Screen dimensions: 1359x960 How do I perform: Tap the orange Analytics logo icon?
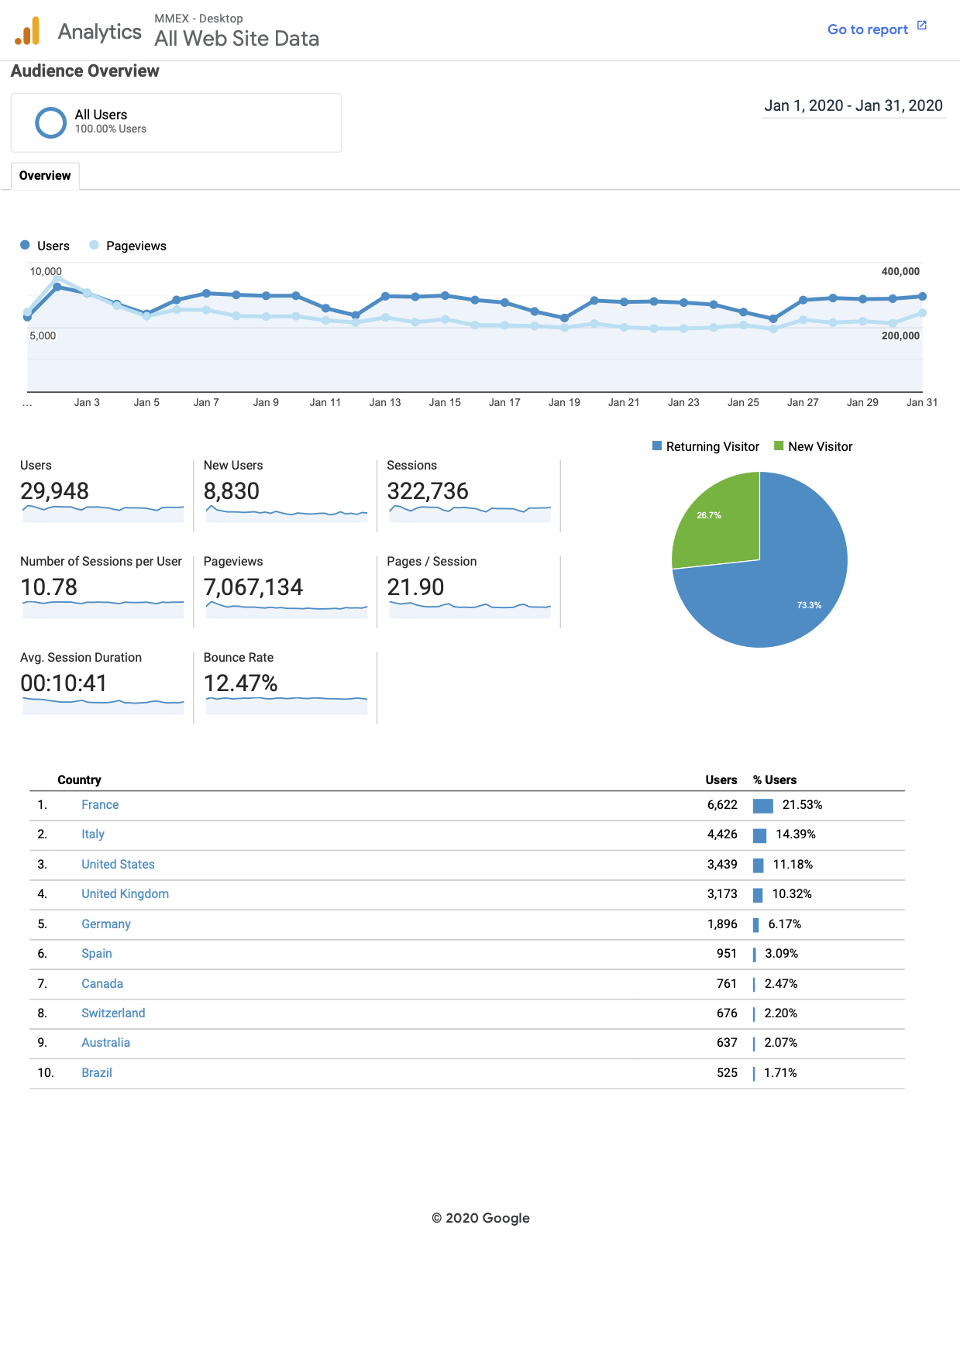(x=27, y=32)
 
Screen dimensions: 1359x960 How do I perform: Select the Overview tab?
(x=45, y=176)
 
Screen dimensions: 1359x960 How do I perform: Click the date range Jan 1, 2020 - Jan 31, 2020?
(x=853, y=106)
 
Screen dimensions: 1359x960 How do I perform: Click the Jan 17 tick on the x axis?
(x=504, y=403)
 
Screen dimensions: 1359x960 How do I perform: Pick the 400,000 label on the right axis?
(x=900, y=272)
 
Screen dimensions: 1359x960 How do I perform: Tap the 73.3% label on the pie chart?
(x=809, y=605)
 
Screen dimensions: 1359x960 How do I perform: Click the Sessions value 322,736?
(x=428, y=491)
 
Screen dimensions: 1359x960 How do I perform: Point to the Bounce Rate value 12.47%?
(x=240, y=683)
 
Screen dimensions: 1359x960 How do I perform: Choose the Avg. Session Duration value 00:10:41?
(x=64, y=683)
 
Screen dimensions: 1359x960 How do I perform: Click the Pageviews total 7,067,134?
(x=253, y=587)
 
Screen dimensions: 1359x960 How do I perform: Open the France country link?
(x=100, y=805)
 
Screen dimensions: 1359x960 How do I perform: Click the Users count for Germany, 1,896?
(x=722, y=924)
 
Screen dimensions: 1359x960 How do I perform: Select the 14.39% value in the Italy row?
(x=796, y=834)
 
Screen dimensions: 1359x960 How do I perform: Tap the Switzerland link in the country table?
(x=113, y=1013)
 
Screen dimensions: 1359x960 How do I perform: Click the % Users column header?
(x=775, y=780)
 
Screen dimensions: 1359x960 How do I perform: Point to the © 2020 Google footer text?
(x=480, y=1218)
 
